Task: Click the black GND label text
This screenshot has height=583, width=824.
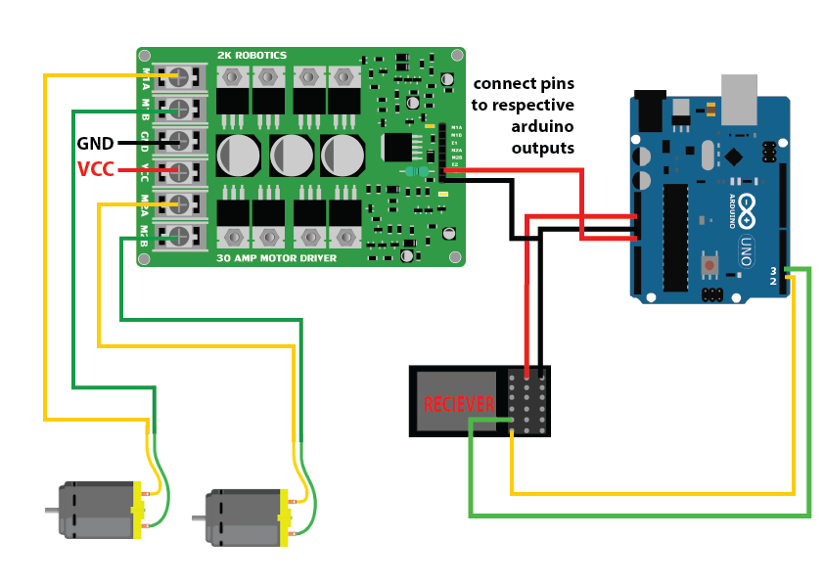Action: click(x=95, y=144)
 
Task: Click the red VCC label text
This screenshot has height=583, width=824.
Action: click(x=95, y=170)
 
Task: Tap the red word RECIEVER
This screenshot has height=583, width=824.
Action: click(x=457, y=403)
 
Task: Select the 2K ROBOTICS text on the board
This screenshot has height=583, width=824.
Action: click(x=252, y=56)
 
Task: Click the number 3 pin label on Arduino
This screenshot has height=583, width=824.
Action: click(x=773, y=270)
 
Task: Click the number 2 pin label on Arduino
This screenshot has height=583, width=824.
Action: click(x=773, y=282)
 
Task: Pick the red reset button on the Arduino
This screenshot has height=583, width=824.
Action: click(x=710, y=264)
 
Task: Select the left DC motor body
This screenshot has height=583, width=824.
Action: click(x=98, y=509)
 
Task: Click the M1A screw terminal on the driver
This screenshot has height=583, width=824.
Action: click(x=179, y=75)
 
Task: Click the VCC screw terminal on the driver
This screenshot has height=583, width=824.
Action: click(x=179, y=172)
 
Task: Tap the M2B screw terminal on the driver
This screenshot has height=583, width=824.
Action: click(x=179, y=236)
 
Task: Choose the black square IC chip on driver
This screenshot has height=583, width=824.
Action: click(x=397, y=147)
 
